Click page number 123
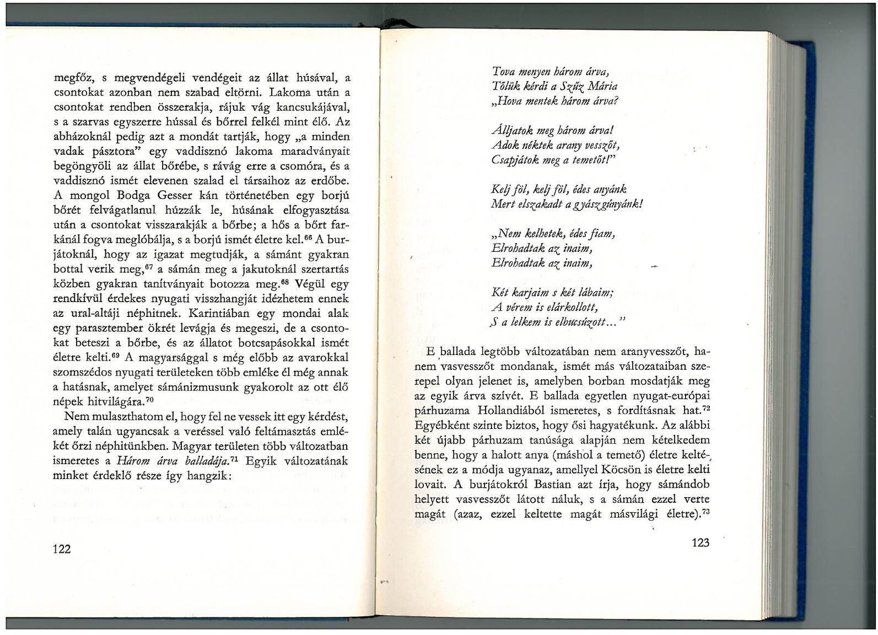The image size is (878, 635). [x=700, y=542]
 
